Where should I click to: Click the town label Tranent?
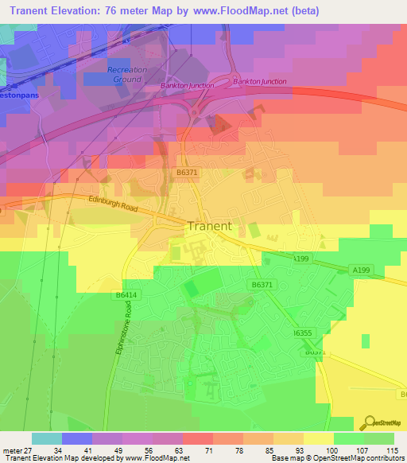pos(210,226)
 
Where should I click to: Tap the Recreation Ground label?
pos(127,75)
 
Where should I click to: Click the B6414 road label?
pos(126,295)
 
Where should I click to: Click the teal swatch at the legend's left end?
pos(47,438)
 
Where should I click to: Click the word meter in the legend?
pos(11,449)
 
